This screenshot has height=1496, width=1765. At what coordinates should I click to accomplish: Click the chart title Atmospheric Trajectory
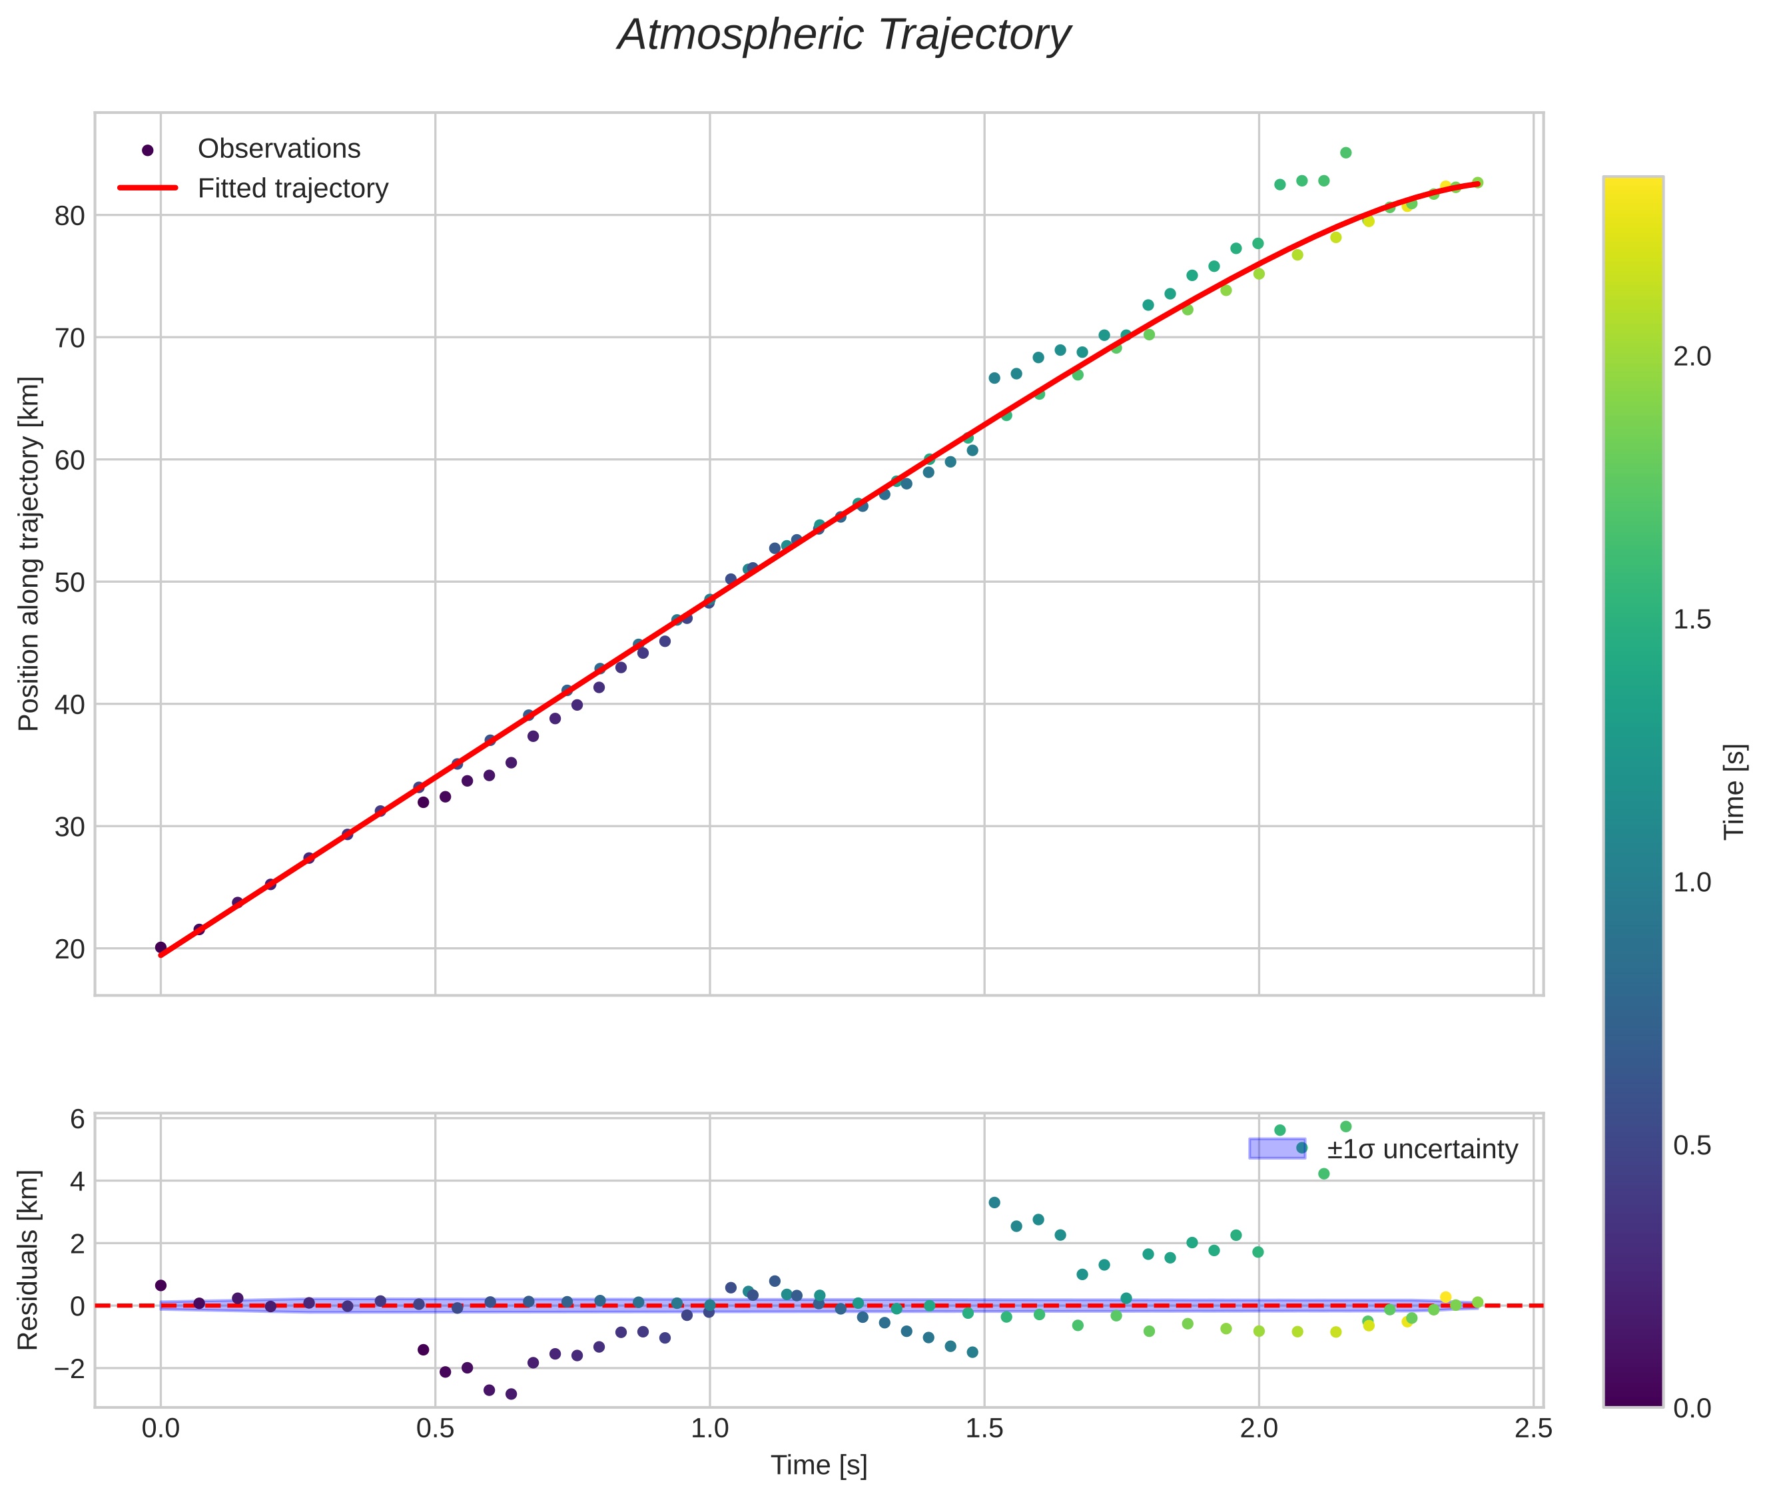point(844,35)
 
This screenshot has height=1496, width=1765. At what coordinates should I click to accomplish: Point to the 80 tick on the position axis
point(69,216)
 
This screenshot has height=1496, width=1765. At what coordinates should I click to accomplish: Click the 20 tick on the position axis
point(69,950)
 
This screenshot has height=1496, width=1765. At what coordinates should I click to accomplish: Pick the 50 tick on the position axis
point(69,583)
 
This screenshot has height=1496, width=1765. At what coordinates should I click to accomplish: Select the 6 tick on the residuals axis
point(77,1120)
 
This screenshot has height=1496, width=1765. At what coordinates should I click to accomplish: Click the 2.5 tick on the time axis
point(1533,1430)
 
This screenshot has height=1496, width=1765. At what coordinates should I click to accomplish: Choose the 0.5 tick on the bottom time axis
point(435,1430)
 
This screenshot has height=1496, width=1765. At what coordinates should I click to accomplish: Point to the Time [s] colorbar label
point(1735,792)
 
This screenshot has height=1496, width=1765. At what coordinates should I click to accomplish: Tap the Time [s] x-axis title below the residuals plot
point(819,1465)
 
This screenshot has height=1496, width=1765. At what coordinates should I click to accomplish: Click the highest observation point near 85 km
point(1345,153)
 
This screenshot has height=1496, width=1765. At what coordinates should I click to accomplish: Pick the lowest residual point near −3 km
point(511,1394)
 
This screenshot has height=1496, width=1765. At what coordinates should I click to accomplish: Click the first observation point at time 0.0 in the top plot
point(161,947)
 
